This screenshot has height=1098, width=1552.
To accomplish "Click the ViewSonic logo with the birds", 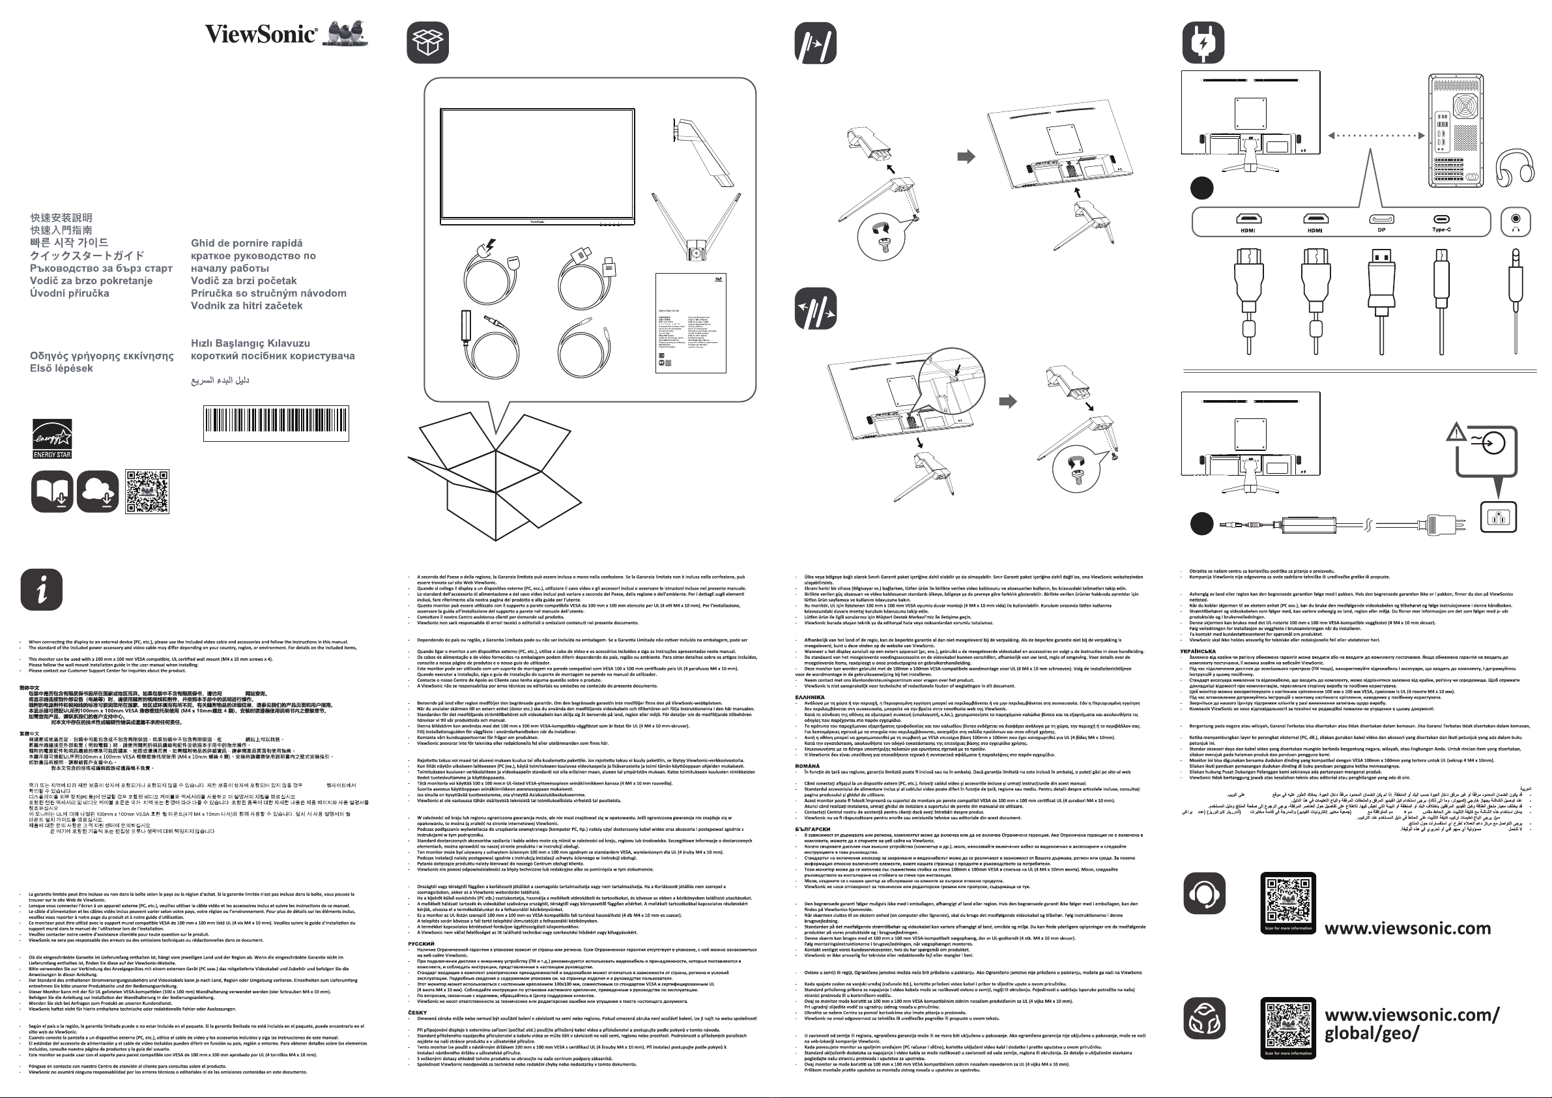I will tap(286, 33).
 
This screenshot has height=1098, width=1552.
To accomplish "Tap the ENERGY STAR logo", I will tap(52, 438).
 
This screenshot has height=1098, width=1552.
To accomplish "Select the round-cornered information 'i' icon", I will tap(41, 590).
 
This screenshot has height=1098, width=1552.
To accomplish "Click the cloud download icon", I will tap(97, 491).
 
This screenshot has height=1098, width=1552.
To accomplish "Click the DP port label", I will tap(1381, 230).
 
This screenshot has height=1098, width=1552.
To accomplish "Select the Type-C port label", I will tap(1441, 230).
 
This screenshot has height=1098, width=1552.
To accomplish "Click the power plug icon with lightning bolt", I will tap(1203, 42).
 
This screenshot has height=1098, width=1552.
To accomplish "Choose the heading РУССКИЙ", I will tap(421, 944).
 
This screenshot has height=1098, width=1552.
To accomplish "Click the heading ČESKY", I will tap(417, 1013).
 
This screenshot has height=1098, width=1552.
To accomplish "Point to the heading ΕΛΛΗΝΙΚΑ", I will tap(809, 697).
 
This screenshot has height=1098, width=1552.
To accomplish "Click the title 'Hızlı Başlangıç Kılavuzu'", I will tap(250, 343).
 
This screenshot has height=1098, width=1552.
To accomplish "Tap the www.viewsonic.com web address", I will tap(1407, 929).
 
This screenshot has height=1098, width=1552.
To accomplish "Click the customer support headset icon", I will tap(1203, 893).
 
